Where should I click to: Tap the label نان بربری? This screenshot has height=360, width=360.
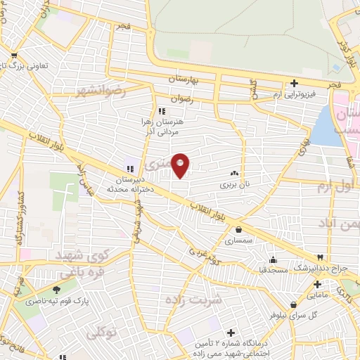click(x=233, y=185)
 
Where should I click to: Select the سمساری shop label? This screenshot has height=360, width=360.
click(x=239, y=240)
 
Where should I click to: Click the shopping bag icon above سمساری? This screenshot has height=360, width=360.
click(x=239, y=229)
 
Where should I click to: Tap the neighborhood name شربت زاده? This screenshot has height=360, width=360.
click(x=193, y=300)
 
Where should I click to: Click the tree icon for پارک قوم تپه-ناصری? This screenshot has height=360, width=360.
click(x=57, y=290)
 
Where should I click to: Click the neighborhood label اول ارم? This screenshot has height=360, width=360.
click(x=332, y=186)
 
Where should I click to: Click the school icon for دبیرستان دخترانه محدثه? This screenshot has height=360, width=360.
click(x=129, y=167)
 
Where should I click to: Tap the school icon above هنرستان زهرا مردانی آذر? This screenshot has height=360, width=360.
click(x=162, y=111)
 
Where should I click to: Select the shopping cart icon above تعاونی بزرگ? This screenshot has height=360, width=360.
click(x=14, y=55)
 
